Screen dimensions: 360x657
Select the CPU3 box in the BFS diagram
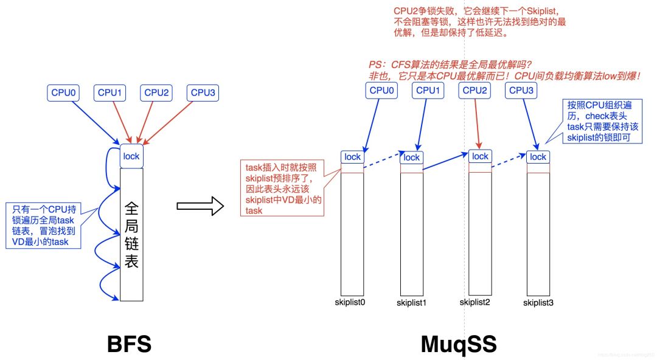point(203,92)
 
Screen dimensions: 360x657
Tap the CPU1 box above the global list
point(110,92)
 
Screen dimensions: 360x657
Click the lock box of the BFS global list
point(131,156)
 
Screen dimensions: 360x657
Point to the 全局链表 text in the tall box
point(131,234)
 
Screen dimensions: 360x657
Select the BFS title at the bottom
point(130,344)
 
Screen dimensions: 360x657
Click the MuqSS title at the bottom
point(459,344)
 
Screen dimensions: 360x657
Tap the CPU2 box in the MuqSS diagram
point(475,90)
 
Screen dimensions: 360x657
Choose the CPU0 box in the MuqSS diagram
point(381,90)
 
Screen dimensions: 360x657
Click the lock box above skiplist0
point(352,157)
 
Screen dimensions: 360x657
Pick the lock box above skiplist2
point(480,156)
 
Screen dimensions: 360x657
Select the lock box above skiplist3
point(538,157)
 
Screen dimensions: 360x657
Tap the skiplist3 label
point(537,302)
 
